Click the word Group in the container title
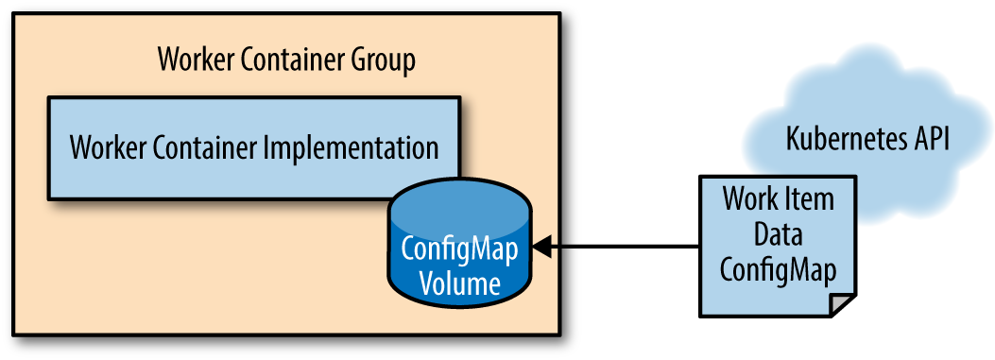(384, 61)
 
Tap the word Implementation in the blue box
(351, 148)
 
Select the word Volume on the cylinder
(461, 283)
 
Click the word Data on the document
(778, 235)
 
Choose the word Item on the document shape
(811, 200)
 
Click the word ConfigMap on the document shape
(778, 271)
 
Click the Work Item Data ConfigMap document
(778, 247)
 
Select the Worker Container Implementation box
(254, 148)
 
